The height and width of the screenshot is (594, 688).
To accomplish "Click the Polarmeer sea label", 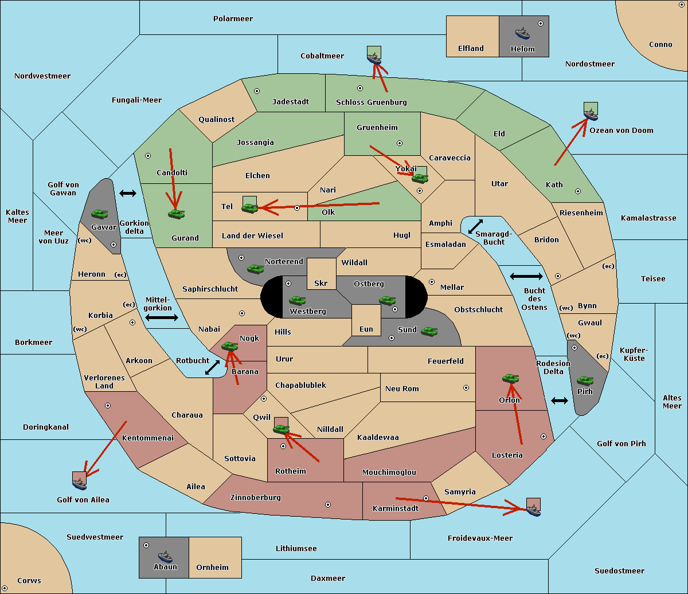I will (x=233, y=19).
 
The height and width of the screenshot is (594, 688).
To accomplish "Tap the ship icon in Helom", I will (x=522, y=33).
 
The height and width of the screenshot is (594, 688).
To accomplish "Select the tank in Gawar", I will (x=100, y=214).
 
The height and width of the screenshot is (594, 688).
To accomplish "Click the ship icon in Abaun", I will (x=165, y=556).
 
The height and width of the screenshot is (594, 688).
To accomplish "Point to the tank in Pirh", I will (x=585, y=381).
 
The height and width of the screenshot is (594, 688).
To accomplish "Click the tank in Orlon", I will (x=510, y=379).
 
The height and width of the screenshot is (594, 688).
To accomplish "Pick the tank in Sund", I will (x=429, y=331).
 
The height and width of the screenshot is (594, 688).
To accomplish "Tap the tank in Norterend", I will (x=255, y=268).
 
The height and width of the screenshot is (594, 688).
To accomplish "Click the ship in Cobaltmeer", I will (x=374, y=58).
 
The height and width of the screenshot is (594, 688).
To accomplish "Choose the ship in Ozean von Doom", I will (x=591, y=114).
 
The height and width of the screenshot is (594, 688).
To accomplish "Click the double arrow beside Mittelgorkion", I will (x=162, y=318).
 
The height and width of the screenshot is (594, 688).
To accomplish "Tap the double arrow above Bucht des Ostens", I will (x=526, y=277).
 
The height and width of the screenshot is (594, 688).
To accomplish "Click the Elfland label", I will (x=471, y=49).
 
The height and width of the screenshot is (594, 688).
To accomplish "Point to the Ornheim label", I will (x=212, y=568).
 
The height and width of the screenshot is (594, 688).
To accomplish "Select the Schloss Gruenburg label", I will (x=371, y=103).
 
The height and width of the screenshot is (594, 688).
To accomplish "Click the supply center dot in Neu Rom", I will (x=466, y=388).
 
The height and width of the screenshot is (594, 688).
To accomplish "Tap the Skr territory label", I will (x=321, y=284).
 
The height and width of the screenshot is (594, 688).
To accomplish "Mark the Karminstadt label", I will (x=396, y=509).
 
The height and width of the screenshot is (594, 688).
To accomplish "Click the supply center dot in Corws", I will (x=5, y=588).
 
